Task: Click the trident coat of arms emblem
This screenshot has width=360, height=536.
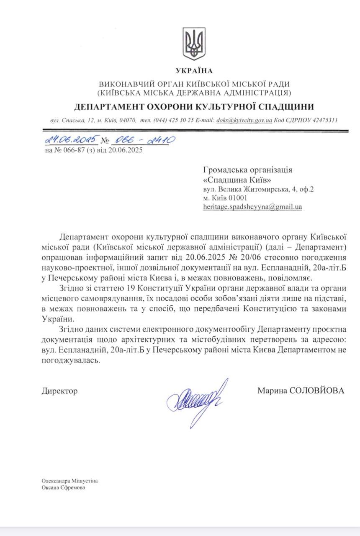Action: [x=194, y=44]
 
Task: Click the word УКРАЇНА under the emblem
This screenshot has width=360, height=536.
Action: [x=194, y=71]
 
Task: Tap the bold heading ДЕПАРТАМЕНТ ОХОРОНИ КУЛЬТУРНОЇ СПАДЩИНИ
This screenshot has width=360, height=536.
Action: [x=194, y=106]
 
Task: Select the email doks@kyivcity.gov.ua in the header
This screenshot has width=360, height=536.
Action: [x=244, y=120]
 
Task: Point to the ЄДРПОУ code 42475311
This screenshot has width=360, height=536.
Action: [x=324, y=120]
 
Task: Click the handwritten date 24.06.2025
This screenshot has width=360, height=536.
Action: [x=71, y=139]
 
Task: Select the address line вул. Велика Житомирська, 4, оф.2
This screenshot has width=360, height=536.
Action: [x=259, y=189]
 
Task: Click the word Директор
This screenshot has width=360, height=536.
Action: [x=60, y=391]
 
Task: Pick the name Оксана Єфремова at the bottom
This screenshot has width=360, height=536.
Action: [x=63, y=487]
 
